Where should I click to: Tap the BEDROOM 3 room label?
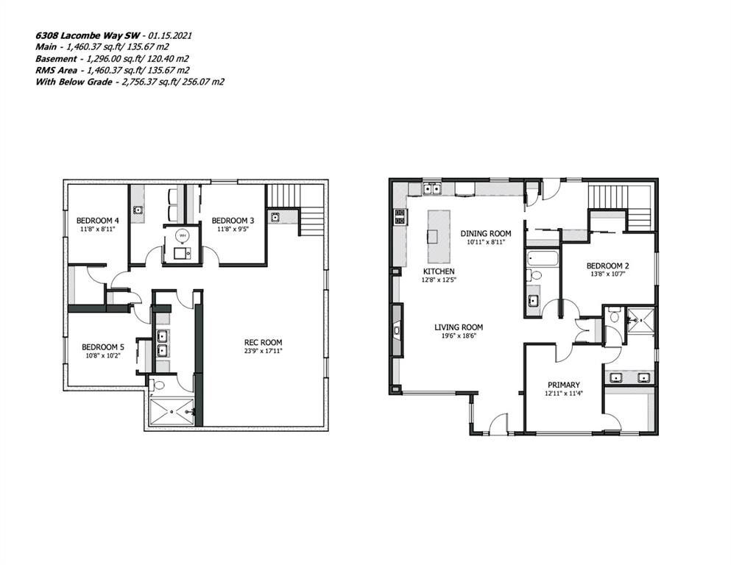[233, 220]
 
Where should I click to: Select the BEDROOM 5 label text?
[102, 347]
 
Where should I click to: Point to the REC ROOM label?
[264, 342]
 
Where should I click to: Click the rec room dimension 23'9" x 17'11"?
[264, 351]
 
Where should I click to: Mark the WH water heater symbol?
[183, 235]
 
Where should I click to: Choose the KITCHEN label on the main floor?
[439, 271]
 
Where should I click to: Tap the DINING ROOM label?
[486, 233]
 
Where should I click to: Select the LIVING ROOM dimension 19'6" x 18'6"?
[459, 335]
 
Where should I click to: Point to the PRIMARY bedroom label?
[564, 385]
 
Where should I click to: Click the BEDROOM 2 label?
[607, 266]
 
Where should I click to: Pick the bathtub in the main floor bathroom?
[543, 258]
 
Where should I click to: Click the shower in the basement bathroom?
[171, 411]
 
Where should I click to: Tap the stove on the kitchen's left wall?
[400, 217]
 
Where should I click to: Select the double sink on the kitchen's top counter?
[432, 188]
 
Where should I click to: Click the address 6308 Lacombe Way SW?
[88, 35]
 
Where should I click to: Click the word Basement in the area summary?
[56, 59]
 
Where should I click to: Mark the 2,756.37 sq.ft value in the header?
[152, 82]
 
